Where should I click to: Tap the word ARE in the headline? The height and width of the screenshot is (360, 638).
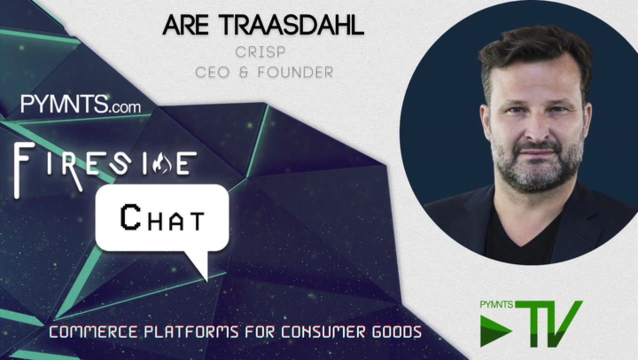pos(185,25)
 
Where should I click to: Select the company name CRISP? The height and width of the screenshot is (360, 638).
pos(260,52)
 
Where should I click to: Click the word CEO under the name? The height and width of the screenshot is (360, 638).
pos(212,72)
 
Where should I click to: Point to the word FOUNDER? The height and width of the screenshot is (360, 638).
pos(295,72)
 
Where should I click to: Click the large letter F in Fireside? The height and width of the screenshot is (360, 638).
pos(24,170)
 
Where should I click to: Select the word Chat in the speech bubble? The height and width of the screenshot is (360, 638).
pos(162,218)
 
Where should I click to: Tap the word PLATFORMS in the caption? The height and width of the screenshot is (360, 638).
pos(191,332)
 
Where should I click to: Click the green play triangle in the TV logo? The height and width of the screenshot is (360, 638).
pos(495,330)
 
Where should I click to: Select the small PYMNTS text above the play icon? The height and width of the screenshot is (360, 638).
pos(496,305)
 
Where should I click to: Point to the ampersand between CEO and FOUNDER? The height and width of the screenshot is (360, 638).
pos(244,72)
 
